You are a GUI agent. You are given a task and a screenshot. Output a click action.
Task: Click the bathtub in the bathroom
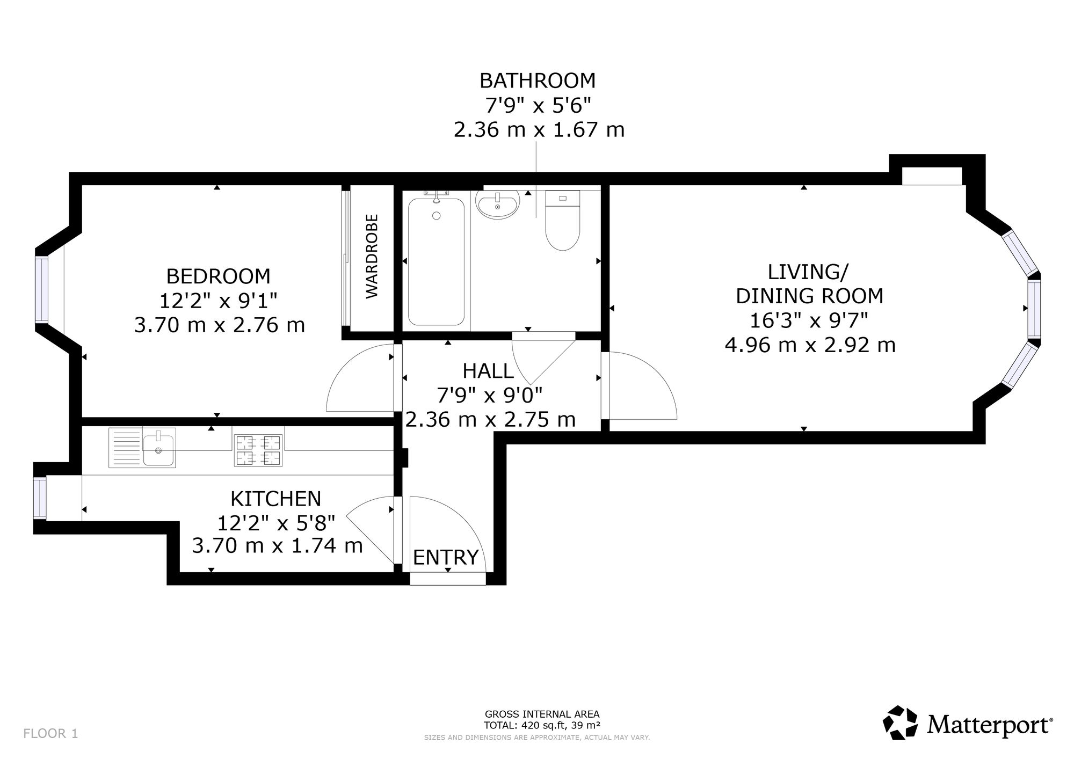[436, 262]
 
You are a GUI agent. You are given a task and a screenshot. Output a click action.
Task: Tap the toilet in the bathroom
[562, 220]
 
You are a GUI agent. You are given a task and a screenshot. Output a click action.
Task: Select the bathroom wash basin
[498, 205]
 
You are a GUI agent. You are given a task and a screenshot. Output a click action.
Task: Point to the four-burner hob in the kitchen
[258, 450]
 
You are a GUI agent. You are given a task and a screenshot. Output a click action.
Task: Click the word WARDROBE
[372, 256]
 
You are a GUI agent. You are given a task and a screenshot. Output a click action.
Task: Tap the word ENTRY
[446, 557]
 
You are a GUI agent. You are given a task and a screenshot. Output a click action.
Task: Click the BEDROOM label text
[218, 276]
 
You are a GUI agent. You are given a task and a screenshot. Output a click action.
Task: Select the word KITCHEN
[275, 499]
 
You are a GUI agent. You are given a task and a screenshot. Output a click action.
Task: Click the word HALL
[488, 370]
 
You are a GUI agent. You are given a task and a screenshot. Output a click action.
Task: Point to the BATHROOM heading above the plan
[538, 81]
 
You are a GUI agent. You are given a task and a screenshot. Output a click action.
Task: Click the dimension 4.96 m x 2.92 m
[810, 345]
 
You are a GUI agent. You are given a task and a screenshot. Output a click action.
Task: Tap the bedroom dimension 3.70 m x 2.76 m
[220, 325]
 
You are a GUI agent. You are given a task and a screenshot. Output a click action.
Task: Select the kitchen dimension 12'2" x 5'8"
[276, 522]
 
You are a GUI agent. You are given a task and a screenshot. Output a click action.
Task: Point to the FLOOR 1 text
[51, 733]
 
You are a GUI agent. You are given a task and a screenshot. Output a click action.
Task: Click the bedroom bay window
[42, 290]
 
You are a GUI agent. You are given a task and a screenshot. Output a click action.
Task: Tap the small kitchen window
[40, 498]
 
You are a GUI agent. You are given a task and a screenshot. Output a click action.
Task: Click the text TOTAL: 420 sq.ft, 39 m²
[542, 725]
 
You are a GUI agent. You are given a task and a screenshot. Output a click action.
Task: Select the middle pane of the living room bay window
[1034, 308]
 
